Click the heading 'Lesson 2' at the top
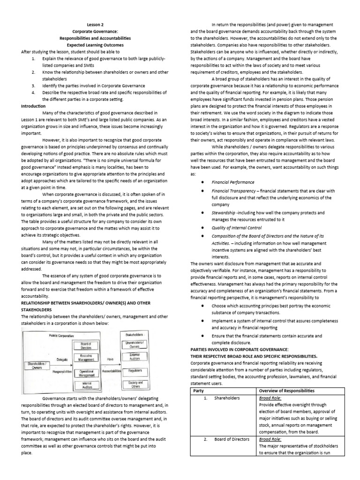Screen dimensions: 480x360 click(95, 24)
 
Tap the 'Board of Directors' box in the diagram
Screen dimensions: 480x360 click(86, 345)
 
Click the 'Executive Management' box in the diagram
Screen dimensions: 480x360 click(86, 359)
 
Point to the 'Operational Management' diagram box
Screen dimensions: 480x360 click(86, 373)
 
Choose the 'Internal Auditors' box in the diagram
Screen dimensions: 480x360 click(86, 385)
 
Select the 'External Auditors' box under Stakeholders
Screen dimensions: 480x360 click(135, 358)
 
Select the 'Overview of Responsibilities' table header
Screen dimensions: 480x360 click(287, 391)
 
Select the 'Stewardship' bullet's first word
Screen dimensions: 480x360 click(224, 212)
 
